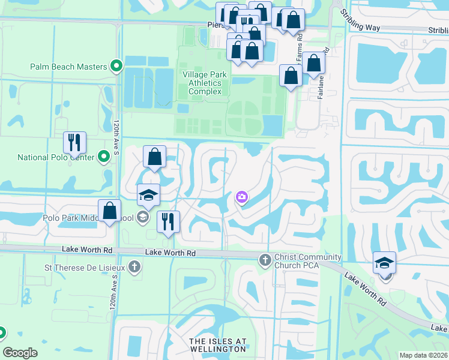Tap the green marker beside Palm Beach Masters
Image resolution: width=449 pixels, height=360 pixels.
[x=116, y=67]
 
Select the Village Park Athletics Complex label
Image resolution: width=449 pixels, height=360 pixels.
[x=205, y=82]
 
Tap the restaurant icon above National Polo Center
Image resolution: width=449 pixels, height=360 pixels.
[x=75, y=143]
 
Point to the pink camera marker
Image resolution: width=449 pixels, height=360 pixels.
[x=242, y=197]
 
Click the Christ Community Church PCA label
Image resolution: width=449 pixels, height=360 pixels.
[x=307, y=261]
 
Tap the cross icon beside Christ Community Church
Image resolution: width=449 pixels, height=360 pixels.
[x=264, y=260]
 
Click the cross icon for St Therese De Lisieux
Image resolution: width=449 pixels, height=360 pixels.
[x=135, y=266]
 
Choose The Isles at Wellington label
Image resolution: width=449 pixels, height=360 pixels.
[x=218, y=345]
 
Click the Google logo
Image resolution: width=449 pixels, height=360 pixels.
[x=20, y=353]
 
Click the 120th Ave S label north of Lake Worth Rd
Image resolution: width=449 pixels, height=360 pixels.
[x=116, y=135]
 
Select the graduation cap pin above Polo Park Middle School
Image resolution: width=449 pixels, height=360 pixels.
[x=148, y=195]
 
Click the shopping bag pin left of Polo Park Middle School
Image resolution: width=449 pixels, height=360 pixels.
[x=109, y=211]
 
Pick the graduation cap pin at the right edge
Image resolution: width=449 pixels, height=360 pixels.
[x=384, y=263]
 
